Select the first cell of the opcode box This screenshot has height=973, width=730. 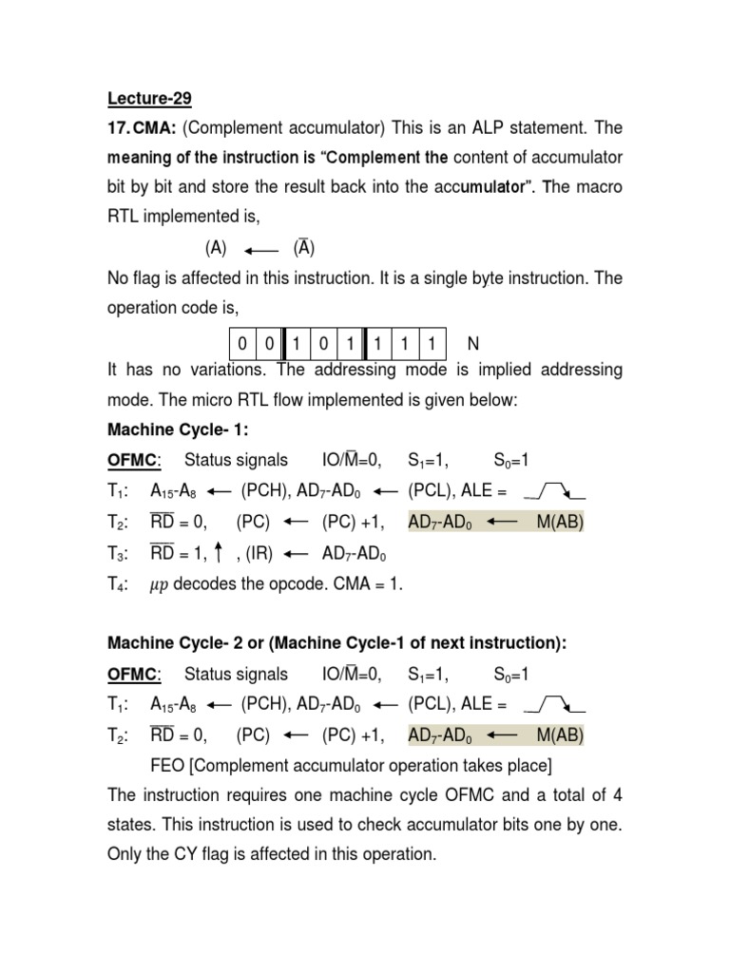243,342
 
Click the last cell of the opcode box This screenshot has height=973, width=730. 432,342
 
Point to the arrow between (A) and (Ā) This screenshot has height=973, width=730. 260,250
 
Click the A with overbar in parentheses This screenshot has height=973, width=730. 303,248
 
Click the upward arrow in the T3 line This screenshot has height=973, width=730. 219,552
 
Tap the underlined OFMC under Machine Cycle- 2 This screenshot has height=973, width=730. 130,675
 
